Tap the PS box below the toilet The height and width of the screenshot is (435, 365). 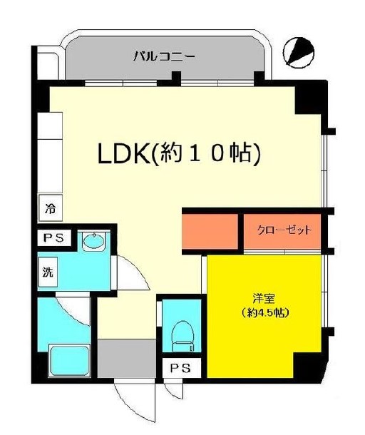pos(180,369)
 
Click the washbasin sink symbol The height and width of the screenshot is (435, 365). pos(93,242)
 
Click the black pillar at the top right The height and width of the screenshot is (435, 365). pos(312,101)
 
